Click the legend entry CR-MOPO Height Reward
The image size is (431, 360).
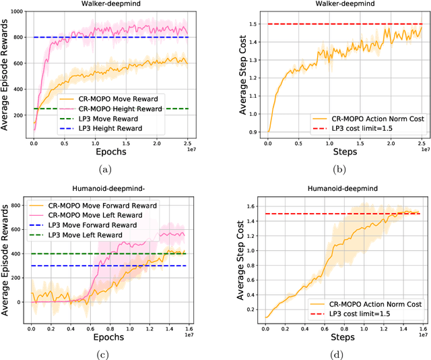pos(121,109)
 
